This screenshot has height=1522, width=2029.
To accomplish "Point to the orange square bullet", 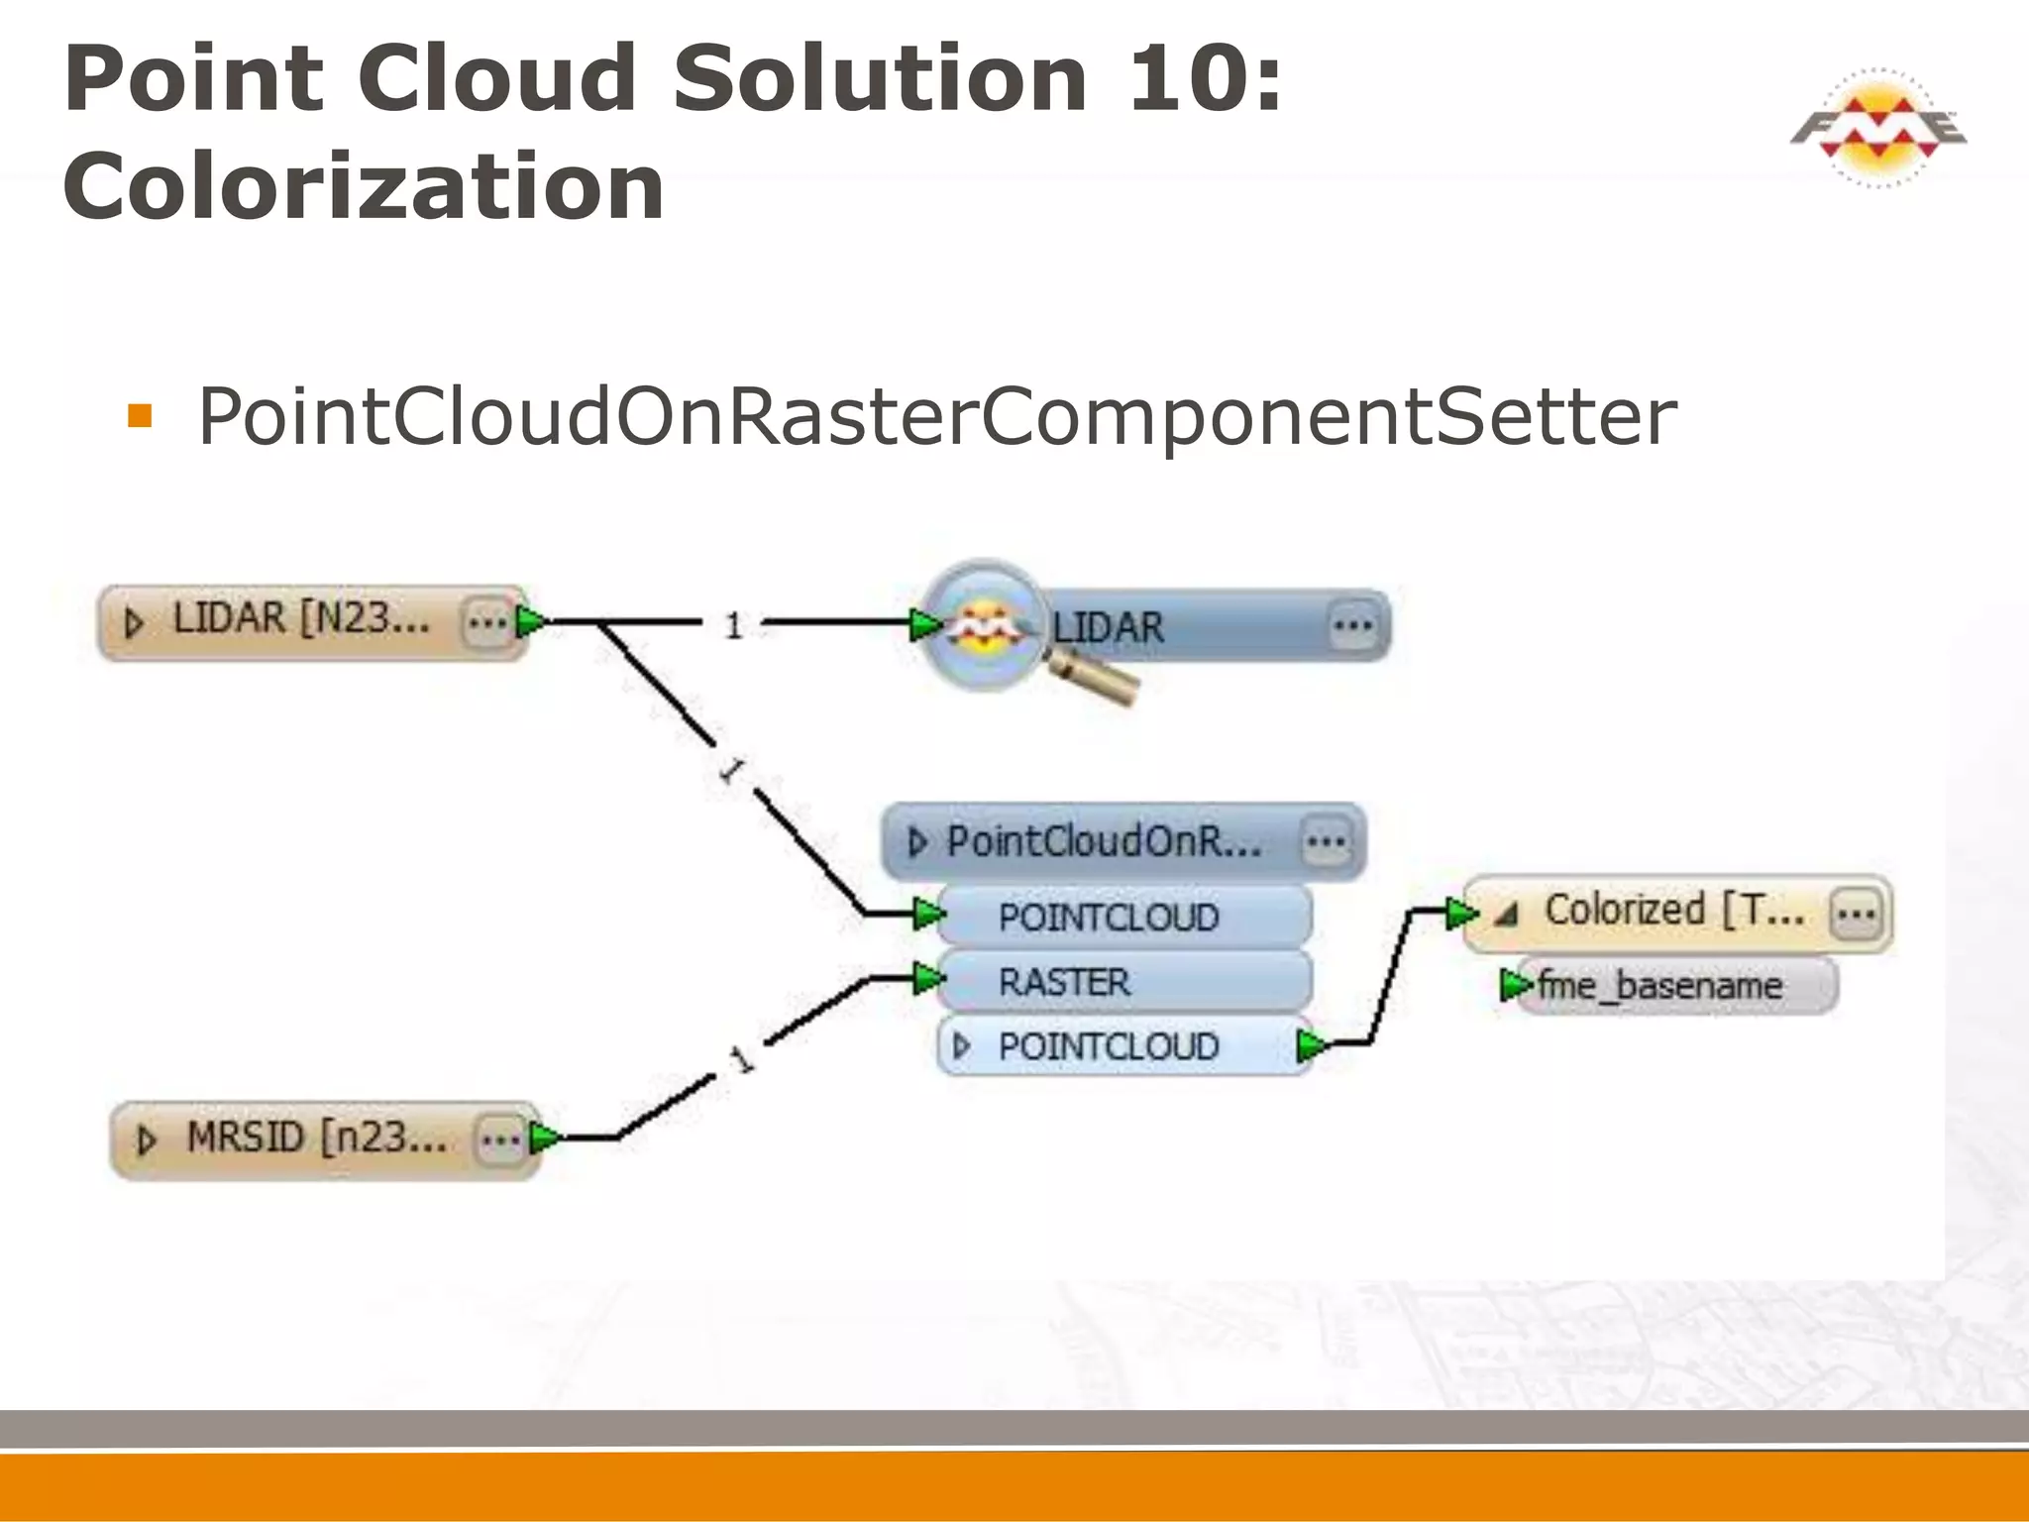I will tap(140, 415).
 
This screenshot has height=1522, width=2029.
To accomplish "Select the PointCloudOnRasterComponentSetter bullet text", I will tap(936, 417).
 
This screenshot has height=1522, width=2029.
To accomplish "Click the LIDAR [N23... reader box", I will tap(297, 621).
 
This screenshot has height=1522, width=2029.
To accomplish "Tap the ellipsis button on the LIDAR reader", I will tap(485, 623).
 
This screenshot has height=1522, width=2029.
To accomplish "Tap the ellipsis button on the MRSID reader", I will tap(500, 1141).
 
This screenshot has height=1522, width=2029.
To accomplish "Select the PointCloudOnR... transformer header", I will tap(1105, 842).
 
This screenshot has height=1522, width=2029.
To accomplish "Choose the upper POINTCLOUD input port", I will tap(1108, 917).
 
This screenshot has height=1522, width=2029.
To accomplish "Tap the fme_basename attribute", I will tap(1659, 986).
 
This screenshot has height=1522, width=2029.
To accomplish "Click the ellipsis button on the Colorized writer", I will tap(1855, 913).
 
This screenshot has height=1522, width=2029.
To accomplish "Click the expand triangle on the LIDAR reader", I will tap(134, 623).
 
